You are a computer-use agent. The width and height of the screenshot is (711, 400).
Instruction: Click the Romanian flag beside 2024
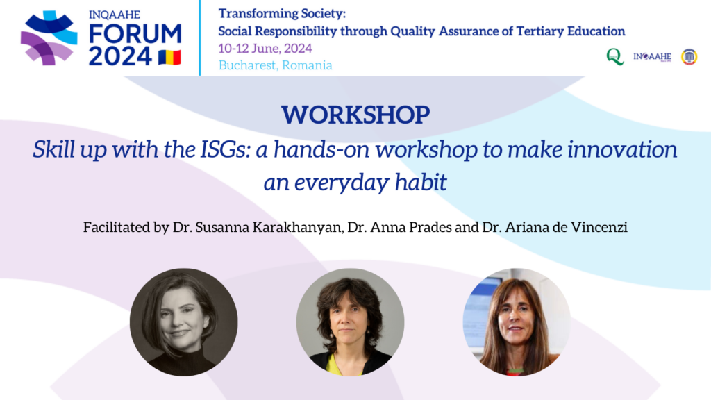click(169, 57)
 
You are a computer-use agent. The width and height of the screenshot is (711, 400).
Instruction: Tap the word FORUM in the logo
click(135, 34)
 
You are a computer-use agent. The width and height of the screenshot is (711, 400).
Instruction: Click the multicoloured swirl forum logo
click(49, 38)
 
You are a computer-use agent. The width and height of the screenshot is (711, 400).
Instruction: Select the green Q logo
click(615, 57)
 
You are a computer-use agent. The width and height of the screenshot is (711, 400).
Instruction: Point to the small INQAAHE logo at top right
click(652, 57)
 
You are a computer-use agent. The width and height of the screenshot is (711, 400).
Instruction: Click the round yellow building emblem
click(689, 57)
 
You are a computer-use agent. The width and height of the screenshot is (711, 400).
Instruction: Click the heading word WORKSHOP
click(355, 115)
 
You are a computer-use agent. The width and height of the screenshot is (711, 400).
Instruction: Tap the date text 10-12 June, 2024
click(265, 48)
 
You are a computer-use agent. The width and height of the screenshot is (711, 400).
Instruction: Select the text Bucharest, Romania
click(275, 65)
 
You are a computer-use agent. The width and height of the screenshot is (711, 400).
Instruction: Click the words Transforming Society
click(282, 14)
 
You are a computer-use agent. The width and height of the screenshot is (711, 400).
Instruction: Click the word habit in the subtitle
click(421, 183)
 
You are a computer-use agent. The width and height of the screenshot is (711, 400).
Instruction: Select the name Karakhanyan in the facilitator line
click(297, 227)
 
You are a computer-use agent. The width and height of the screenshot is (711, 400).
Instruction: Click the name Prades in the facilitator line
click(430, 227)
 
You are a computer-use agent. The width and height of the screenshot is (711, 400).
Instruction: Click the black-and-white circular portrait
click(183, 322)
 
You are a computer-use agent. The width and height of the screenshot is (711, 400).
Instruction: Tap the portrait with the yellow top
click(350, 322)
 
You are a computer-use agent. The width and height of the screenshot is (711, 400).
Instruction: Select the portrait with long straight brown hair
click(517, 322)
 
